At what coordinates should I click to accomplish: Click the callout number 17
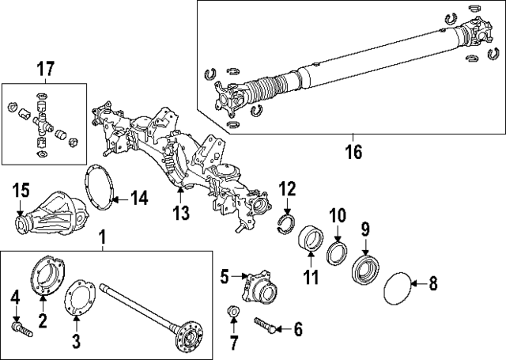(x=48, y=69)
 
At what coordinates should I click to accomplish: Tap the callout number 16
(x=353, y=150)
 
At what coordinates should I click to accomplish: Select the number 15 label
(x=21, y=191)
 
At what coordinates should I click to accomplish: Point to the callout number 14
(x=138, y=198)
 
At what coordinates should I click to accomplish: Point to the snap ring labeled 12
(x=286, y=222)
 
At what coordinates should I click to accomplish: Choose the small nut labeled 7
(x=233, y=310)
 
